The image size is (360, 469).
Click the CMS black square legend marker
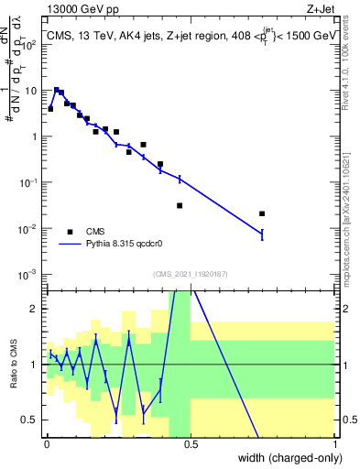click(x=70, y=232)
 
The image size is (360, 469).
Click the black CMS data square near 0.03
click(x=56, y=91)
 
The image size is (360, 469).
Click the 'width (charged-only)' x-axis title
click(x=287, y=458)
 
